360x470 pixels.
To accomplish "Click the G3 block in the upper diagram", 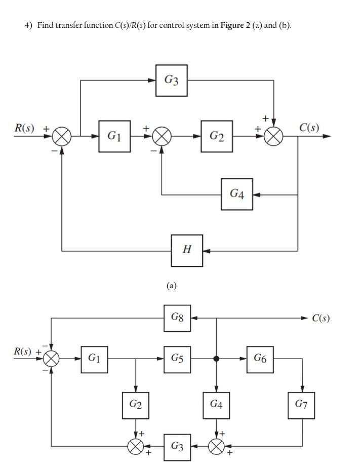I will tap(171, 80).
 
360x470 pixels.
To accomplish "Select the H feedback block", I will tap(187, 250).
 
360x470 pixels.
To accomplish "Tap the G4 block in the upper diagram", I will tap(236, 194).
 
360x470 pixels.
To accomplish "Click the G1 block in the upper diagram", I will tap(114, 136).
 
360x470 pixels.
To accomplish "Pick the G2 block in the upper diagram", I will tap(216, 136).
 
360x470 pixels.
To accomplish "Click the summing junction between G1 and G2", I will tap(162, 136).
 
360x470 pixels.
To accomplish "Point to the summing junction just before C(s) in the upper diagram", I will tap(274, 136).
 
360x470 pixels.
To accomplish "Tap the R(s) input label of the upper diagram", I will tap(24, 128).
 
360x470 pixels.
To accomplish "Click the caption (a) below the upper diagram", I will tap(172, 286).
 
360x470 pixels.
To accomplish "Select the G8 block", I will tap(177, 318).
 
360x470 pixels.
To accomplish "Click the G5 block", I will tap(177, 359).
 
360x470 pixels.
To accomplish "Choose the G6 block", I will tap(260, 359).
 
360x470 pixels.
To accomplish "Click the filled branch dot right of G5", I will tap(216, 359).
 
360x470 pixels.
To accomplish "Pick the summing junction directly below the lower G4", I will tap(216, 446).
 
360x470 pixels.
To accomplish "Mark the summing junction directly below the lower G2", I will tap(135, 446).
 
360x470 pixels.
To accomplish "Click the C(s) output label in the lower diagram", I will tap(321, 318).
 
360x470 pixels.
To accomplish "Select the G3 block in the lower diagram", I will tap(177, 447).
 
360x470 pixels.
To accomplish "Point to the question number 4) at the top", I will tap(28, 25).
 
